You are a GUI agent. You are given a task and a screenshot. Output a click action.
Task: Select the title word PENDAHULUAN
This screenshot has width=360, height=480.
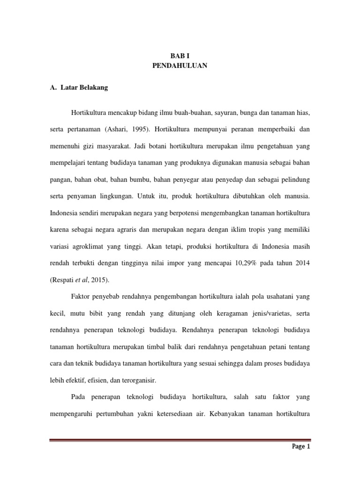180,66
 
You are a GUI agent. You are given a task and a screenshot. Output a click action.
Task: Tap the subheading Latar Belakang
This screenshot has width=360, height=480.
82,88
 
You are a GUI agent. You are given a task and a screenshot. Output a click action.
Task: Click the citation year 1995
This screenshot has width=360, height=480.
138,128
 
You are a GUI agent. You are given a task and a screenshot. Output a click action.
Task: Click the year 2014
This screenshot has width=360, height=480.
301,262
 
